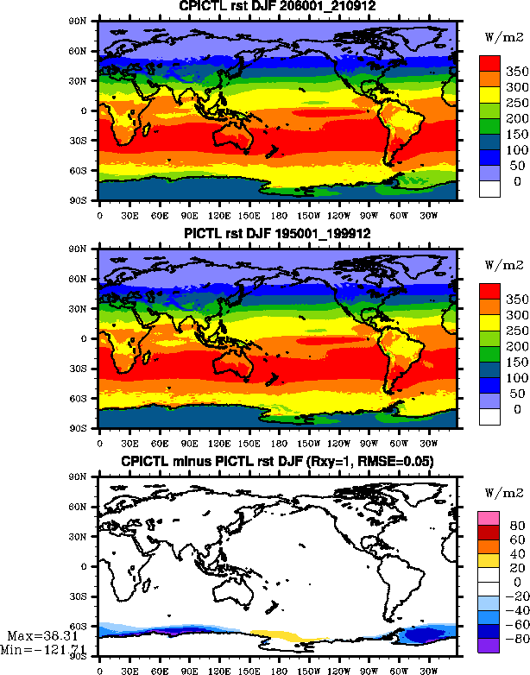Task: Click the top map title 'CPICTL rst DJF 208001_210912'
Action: tap(266, 7)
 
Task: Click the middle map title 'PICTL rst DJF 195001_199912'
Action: tap(266, 234)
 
